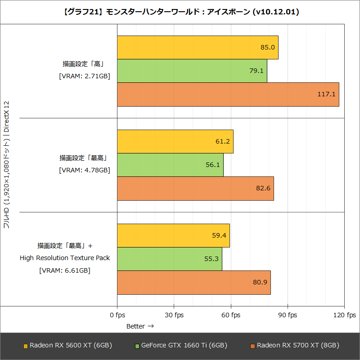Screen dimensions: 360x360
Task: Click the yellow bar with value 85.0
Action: point(198,47)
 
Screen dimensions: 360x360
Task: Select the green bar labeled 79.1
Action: point(192,71)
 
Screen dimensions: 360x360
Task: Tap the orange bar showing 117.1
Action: point(228,94)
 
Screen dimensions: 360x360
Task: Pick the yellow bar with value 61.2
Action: point(175,141)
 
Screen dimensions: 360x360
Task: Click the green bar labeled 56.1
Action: point(170,165)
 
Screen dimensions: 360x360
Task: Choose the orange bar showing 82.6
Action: point(195,188)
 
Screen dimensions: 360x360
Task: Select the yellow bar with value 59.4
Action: point(173,235)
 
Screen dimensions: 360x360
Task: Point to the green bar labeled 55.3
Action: point(170,258)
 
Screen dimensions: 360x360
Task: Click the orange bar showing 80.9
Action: point(194,282)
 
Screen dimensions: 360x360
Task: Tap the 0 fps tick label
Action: point(117,315)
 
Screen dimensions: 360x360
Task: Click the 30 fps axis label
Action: point(174,315)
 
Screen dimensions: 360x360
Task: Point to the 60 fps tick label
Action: point(231,315)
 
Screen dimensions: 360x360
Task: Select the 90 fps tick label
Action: point(288,315)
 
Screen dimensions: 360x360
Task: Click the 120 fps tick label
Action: point(344,315)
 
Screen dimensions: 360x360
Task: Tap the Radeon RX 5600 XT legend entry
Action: point(67,346)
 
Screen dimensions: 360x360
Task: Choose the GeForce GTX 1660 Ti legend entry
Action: point(180,346)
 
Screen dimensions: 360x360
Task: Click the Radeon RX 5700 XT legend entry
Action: point(294,346)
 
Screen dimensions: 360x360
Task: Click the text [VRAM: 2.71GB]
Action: point(85,76)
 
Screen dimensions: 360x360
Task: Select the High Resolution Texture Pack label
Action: point(65,258)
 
